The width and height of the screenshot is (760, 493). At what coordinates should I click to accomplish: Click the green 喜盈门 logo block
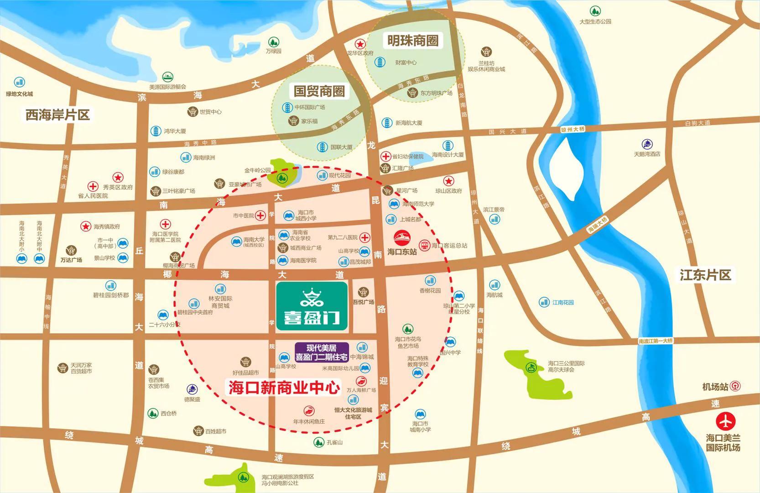[x=312, y=306]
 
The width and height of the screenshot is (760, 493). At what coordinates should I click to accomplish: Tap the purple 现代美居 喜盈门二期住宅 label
[x=322, y=352]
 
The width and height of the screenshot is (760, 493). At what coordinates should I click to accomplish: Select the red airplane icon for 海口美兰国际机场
[x=725, y=421]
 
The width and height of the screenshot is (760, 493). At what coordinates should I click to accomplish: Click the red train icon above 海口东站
[x=402, y=238]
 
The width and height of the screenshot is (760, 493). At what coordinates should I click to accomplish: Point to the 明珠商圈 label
[x=413, y=41]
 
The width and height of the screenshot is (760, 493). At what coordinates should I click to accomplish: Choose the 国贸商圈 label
[x=319, y=90]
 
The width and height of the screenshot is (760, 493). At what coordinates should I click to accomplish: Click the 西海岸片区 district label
[x=57, y=115]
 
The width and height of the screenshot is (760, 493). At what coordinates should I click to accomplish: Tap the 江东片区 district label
[x=705, y=275]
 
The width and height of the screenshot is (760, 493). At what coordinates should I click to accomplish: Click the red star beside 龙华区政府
[x=360, y=44]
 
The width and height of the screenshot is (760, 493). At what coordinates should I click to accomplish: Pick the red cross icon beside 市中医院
[x=260, y=215]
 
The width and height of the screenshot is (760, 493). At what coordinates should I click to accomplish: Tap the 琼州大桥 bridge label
[x=573, y=130]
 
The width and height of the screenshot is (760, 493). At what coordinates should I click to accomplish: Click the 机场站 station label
[x=715, y=387]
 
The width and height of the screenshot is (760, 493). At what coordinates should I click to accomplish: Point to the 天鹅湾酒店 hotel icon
[x=647, y=144]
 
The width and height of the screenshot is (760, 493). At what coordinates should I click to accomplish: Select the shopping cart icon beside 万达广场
[x=71, y=250]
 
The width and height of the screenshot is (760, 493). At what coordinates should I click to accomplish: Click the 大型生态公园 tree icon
[x=595, y=11]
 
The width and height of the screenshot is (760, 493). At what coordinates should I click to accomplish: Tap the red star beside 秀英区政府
[x=118, y=177]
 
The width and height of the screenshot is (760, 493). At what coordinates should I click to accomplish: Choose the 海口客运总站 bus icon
[x=425, y=246]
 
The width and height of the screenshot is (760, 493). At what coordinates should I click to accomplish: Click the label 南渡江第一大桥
[x=656, y=341]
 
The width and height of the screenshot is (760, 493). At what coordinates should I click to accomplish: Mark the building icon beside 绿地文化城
[x=19, y=83]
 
